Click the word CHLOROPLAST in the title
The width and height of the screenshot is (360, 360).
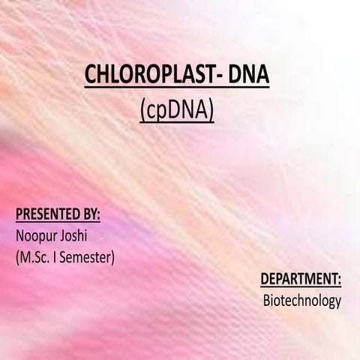142,77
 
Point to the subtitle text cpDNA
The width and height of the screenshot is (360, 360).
177,111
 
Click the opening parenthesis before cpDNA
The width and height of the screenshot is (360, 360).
142,112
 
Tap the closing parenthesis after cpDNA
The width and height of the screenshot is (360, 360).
212,112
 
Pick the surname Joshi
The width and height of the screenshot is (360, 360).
74,237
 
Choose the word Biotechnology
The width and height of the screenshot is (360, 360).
301,301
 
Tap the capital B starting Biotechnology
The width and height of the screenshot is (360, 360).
265,301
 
